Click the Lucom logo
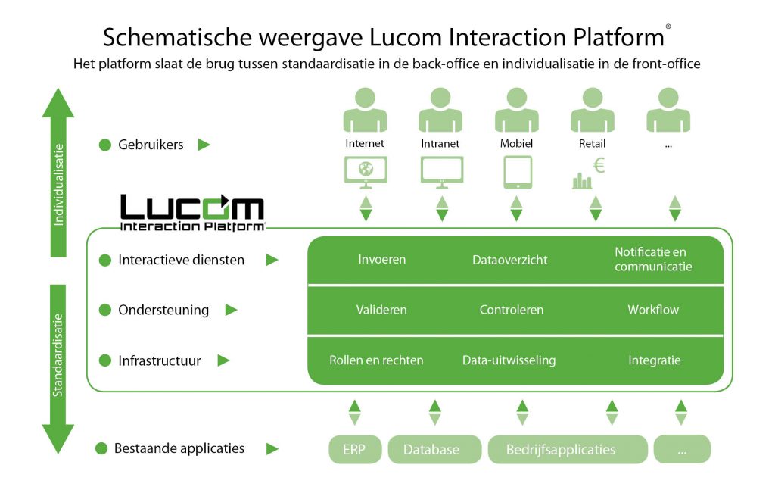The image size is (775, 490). click(x=192, y=212)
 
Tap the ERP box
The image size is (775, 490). click(x=353, y=449)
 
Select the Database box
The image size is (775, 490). click(x=434, y=449)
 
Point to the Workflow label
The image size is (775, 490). click(x=653, y=310)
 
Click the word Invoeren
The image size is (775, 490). click(x=381, y=259)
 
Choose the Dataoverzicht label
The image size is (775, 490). click(x=509, y=260)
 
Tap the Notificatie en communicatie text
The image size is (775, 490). click(x=653, y=259)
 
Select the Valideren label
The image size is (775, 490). click(x=381, y=310)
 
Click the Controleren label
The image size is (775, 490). click(x=511, y=310)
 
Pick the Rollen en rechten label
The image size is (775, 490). click(x=376, y=360)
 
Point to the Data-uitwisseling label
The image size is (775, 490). click(x=509, y=360)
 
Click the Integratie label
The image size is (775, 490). click(x=654, y=360)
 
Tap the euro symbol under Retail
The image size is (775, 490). click(x=599, y=166)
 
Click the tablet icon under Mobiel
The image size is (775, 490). click(x=518, y=172)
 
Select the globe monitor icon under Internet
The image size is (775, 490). click(x=366, y=172)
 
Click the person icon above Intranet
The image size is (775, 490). click(x=440, y=110)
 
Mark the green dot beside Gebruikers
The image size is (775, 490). click(x=105, y=145)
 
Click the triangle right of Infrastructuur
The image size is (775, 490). click(x=223, y=360)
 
